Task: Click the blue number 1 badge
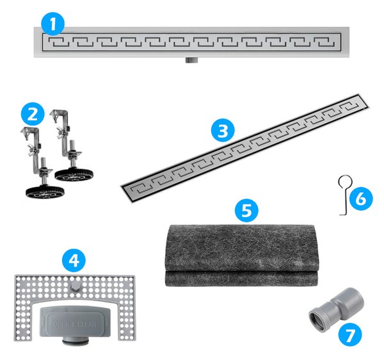[x=53, y=24]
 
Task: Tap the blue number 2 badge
[x=33, y=114]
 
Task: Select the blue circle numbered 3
[x=223, y=131]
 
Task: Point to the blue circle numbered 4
[x=74, y=260]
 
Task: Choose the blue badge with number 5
[x=246, y=210]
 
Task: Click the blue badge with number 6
[x=361, y=199]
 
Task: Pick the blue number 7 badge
[x=350, y=335]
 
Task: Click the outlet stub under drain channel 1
[x=191, y=60]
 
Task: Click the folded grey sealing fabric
[x=241, y=256]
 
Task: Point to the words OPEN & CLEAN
[x=75, y=324]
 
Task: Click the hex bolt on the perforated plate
[x=75, y=286]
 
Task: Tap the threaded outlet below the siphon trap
[x=75, y=341]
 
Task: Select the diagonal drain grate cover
[x=245, y=148]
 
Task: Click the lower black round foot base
[x=45, y=192]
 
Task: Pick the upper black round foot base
[x=74, y=175]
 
